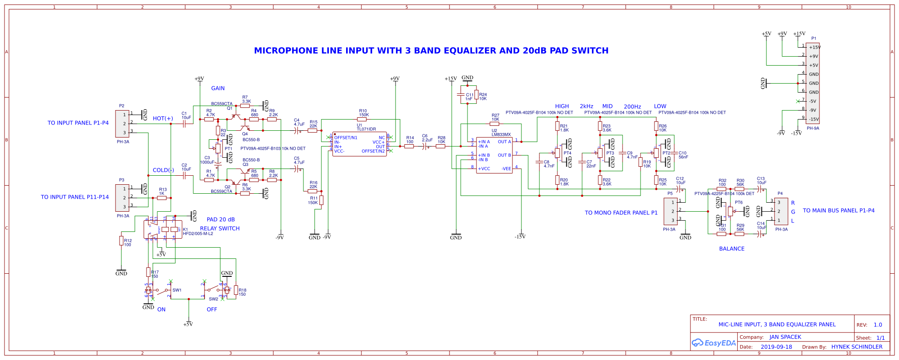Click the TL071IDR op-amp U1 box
tap(359, 144)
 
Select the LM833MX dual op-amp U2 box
tap(494, 155)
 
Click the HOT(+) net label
tap(163, 119)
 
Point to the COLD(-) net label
tap(163, 170)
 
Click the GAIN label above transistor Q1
tap(218, 89)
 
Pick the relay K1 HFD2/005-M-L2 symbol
tap(163, 229)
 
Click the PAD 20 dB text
tap(221, 220)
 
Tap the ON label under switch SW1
tap(161, 310)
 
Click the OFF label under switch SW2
tap(212, 310)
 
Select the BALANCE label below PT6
tap(732, 249)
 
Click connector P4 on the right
tap(781, 211)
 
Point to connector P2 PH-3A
tap(123, 124)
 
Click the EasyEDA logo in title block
tap(714, 343)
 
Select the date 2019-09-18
tap(776, 347)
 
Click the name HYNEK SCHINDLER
tap(857, 347)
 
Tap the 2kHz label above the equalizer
tap(587, 107)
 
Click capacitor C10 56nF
tap(674, 153)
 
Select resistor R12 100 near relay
tap(121, 241)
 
